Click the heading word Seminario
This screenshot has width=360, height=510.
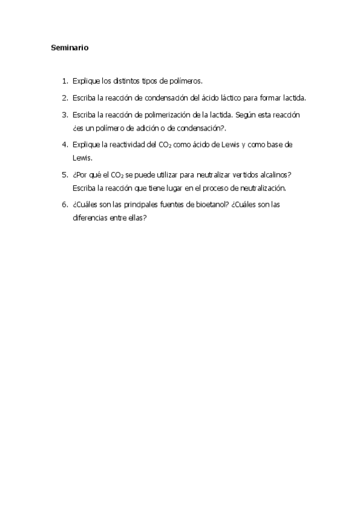[x=70, y=48]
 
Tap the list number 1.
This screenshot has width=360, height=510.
[x=64, y=80]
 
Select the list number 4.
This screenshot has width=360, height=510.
[x=64, y=145]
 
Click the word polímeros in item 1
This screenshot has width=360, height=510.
[x=186, y=80]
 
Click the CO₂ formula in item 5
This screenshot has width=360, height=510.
[x=116, y=175]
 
